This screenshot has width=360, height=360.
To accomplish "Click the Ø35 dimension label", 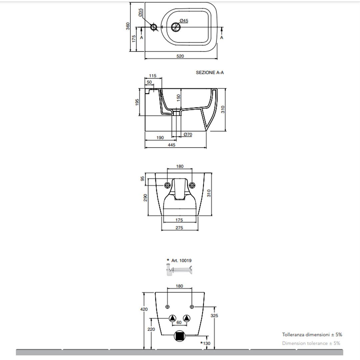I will pos(140,13).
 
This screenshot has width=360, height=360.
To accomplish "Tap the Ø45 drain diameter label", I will pos(184,21).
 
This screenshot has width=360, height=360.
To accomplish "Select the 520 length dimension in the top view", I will pos(180,56).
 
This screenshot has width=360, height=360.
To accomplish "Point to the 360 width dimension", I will pos(128,26).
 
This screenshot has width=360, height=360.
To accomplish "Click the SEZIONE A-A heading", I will pos(210,72).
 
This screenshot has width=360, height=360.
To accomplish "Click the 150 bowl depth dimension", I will pos(179,98).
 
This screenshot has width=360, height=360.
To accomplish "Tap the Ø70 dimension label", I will pos(188,134).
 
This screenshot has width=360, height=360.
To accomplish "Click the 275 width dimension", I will pos(180,228).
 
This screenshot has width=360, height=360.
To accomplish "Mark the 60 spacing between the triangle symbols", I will pos(179,323).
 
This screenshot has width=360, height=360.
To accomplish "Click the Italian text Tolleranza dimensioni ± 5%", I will pos(312,334).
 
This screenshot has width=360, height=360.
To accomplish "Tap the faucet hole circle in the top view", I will pos(154,27).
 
